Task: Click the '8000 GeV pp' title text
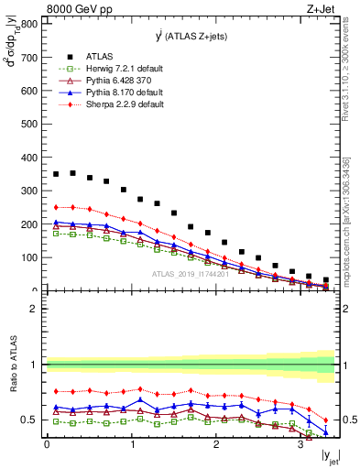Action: click(75, 10)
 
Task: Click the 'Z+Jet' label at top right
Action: click(319, 10)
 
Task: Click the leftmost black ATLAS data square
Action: click(56, 174)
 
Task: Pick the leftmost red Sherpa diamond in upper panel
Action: click(56, 207)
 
